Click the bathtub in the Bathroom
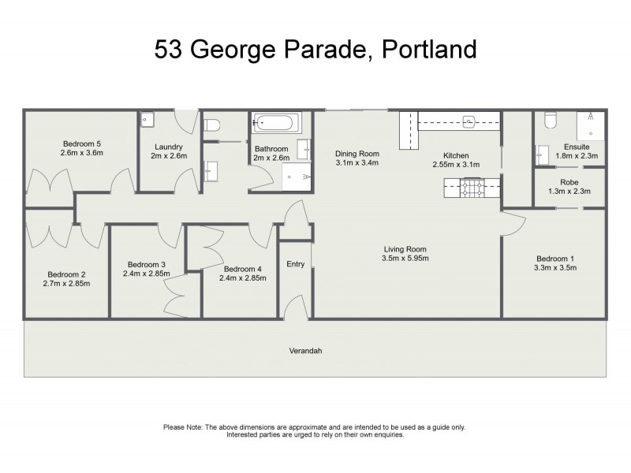(x=276, y=124)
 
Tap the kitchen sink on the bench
(x=469, y=121)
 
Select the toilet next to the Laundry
(x=210, y=124)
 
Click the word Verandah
(x=306, y=351)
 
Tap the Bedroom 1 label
(x=555, y=259)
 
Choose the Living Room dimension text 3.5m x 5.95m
(x=405, y=259)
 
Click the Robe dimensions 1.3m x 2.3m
(x=569, y=192)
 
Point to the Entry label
(x=296, y=264)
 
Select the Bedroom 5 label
(x=81, y=143)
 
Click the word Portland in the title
(x=430, y=49)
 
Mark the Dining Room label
(x=357, y=154)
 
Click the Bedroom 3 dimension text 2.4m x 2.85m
(x=146, y=274)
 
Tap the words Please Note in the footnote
(x=183, y=427)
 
